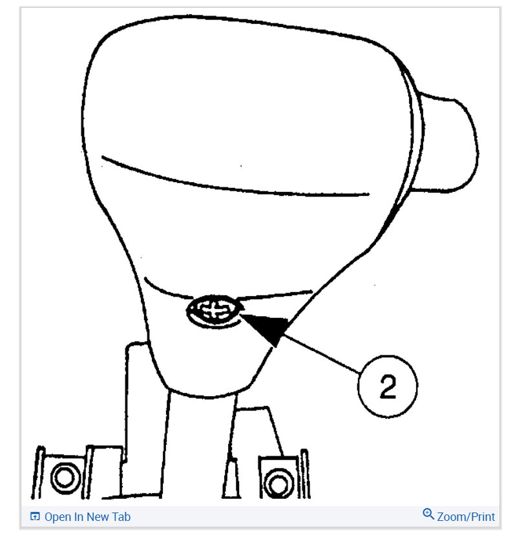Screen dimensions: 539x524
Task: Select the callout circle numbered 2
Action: pyautogui.click(x=387, y=388)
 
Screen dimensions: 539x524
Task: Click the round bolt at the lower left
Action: pyautogui.click(x=63, y=478)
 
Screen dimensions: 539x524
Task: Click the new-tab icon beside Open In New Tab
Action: pyautogui.click(x=35, y=517)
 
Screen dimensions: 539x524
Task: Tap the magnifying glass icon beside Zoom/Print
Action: pyautogui.click(x=428, y=514)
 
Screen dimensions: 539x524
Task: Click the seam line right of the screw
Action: pyautogui.click(x=278, y=295)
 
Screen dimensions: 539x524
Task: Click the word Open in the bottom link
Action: pyautogui.click(x=58, y=517)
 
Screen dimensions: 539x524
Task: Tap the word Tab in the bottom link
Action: pyautogui.click(x=121, y=517)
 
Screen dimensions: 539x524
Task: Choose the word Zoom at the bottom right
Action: pyautogui.click(x=451, y=517)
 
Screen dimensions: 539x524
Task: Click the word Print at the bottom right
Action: pyautogui.click(x=482, y=517)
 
